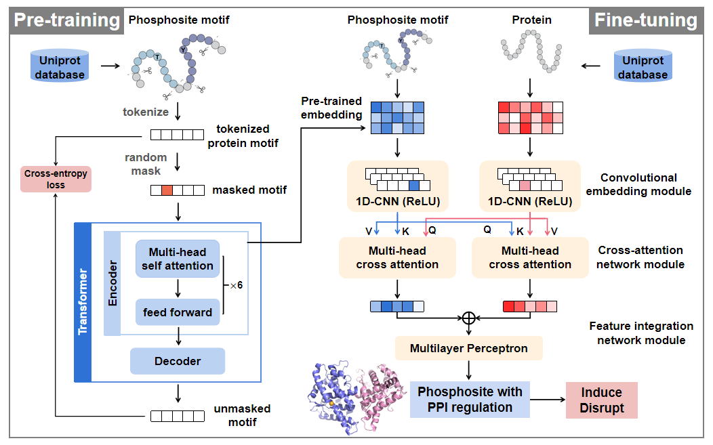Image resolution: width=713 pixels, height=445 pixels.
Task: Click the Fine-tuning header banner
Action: point(645,20)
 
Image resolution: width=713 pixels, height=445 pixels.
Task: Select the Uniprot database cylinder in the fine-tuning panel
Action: point(643,67)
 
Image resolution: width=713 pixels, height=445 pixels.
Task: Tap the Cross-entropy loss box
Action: point(56,179)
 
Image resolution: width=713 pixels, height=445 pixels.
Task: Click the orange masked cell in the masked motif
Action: point(168,190)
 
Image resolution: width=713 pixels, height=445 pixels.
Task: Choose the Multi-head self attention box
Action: point(178,259)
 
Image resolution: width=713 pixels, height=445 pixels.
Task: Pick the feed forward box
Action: point(178,312)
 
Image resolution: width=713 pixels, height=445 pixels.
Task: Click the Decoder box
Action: point(178,361)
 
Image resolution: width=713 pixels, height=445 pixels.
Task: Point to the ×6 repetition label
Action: point(235,285)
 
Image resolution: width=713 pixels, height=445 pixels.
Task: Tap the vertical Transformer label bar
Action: point(83,301)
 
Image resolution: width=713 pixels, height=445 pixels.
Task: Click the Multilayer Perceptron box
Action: point(468,349)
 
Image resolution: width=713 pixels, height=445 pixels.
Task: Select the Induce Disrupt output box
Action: point(600,400)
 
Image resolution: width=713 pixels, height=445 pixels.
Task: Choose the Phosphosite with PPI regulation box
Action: point(470,400)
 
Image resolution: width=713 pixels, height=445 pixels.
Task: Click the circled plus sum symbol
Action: point(469,317)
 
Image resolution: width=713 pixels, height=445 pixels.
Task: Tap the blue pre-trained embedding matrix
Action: point(397,118)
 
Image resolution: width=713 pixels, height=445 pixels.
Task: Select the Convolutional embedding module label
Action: point(638,184)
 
